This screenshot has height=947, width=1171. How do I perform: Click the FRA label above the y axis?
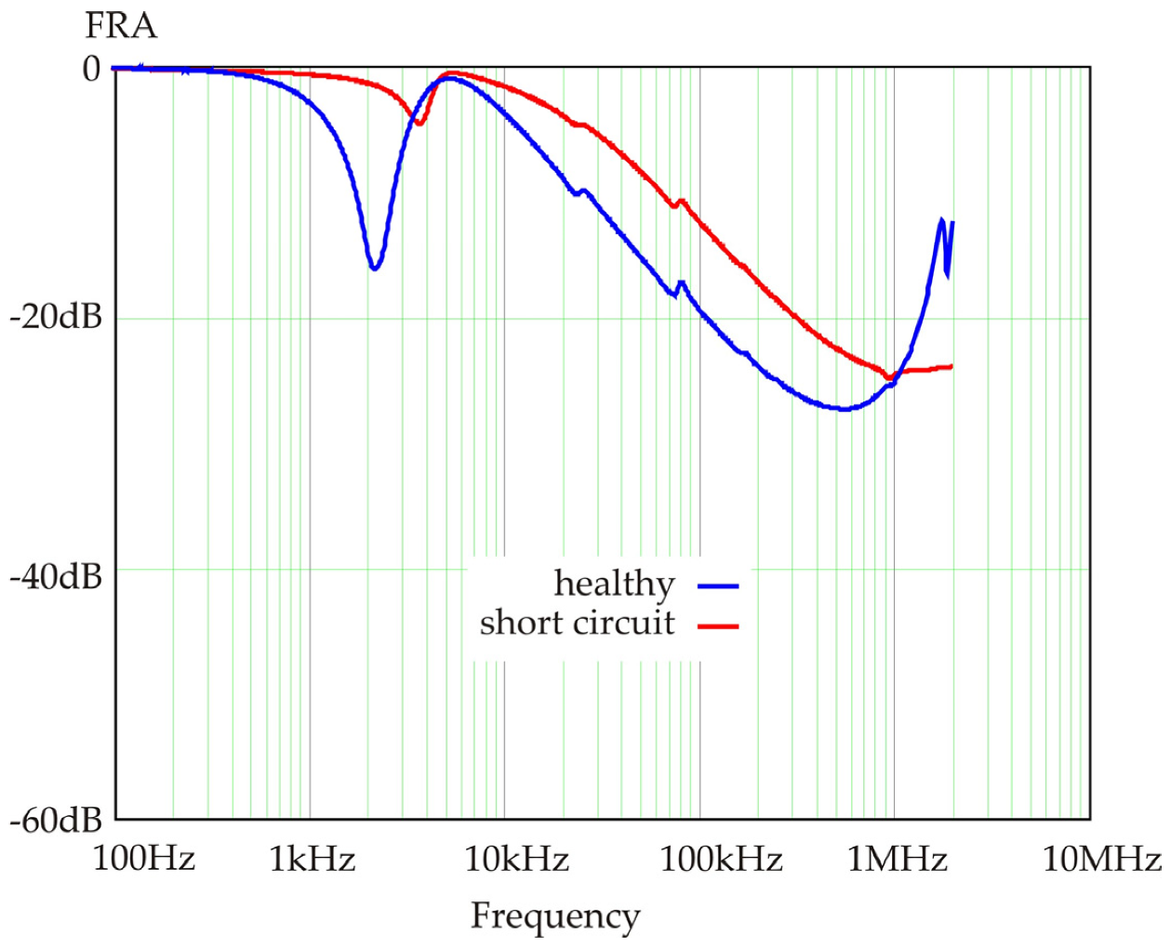pos(121,26)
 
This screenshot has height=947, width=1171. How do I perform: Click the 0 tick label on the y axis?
pos(90,69)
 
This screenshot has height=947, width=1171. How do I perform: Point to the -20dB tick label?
pos(55,319)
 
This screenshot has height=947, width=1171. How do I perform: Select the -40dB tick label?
pos(55,578)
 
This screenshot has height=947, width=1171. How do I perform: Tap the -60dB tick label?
pos(55,821)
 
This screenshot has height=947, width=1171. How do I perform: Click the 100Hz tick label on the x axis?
pos(143,860)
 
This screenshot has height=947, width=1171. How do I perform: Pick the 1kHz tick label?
pos(312,860)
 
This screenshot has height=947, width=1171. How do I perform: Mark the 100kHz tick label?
pos(721,860)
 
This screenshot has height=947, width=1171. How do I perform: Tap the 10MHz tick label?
pos(1101,860)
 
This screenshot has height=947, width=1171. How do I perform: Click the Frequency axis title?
pos(555,916)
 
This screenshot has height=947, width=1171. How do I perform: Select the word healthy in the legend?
pos(614,584)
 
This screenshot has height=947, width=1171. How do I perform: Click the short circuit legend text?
pos(577,623)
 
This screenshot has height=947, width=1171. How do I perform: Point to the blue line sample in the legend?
pos(718,586)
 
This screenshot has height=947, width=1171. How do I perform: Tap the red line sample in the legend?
pos(718,626)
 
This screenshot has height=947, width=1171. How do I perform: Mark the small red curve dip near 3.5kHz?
pos(419,123)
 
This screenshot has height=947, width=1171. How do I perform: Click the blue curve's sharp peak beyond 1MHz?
pos(942,220)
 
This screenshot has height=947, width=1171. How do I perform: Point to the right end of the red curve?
pos(951,367)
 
